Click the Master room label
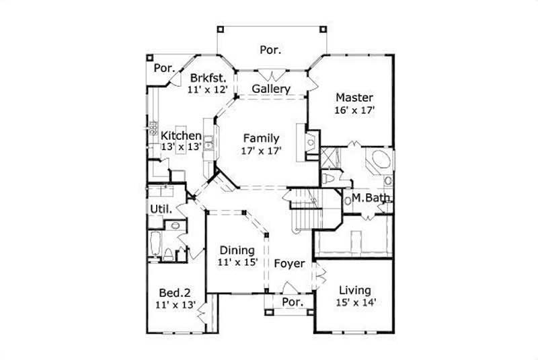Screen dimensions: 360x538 pyautogui.click(x=354, y=97)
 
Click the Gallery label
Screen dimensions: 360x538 pyautogui.click(x=271, y=89)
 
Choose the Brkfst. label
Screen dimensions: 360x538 pyautogui.click(x=207, y=76)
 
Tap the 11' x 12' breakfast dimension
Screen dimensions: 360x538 pyautogui.click(x=207, y=88)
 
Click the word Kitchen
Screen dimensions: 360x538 pyautogui.click(x=180, y=135)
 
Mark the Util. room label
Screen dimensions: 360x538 pyautogui.click(x=161, y=209)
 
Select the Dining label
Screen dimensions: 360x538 pyautogui.click(x=236, y=250)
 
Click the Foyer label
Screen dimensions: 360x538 pyautogui.click(x=289, y=263)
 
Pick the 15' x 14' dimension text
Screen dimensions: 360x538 pyautogui.click(x=354, y=302)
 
